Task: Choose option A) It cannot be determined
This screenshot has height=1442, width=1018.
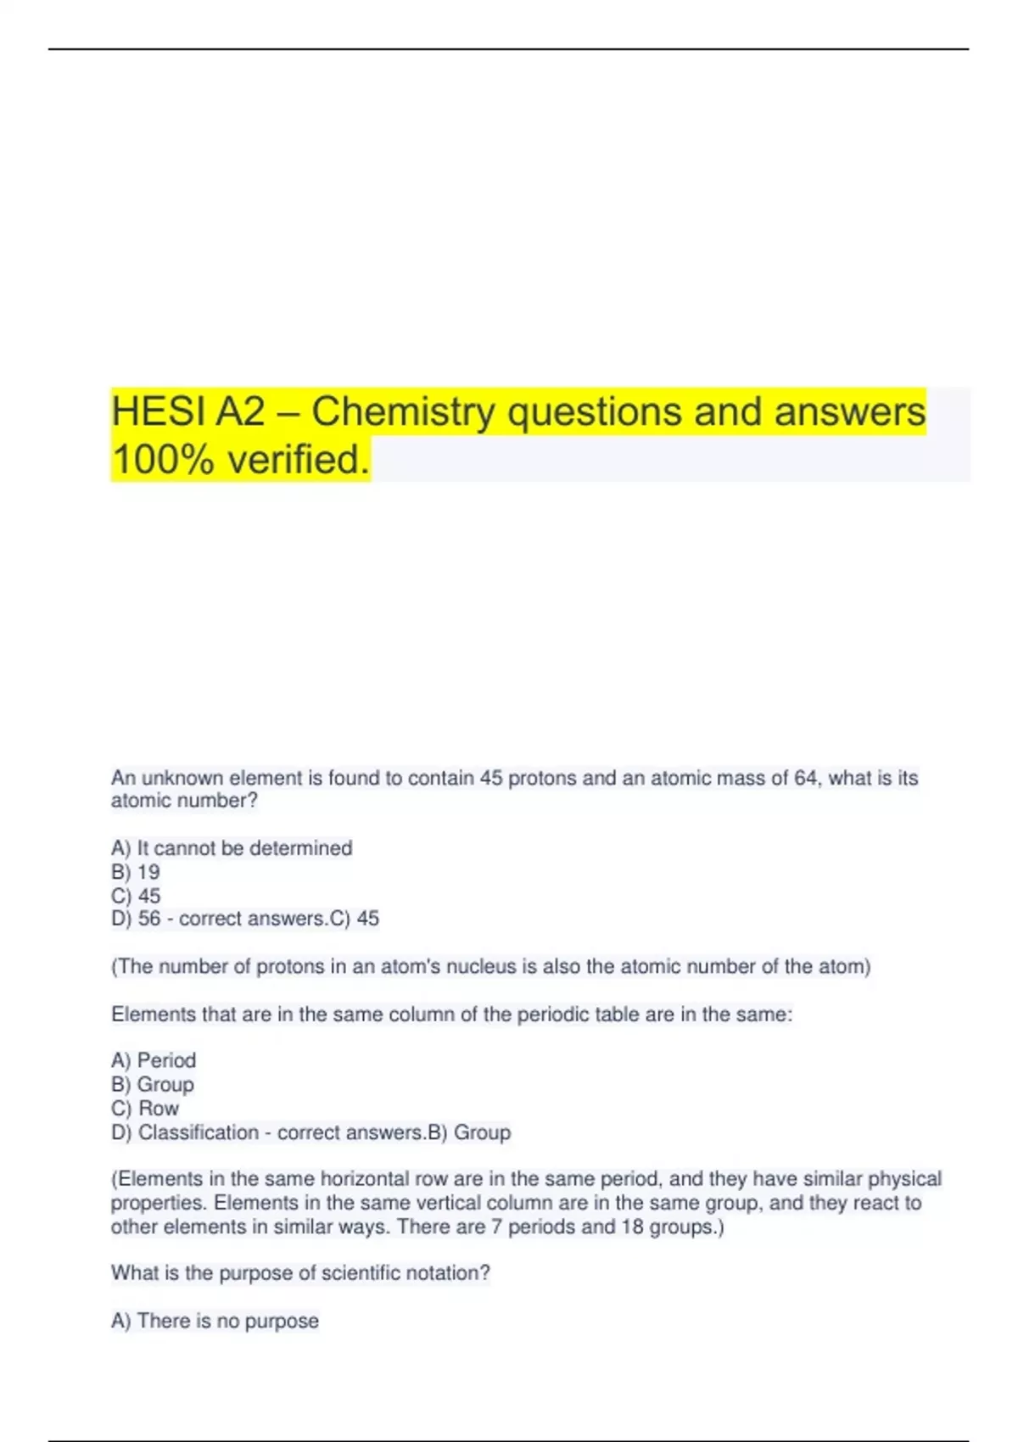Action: (232, 847)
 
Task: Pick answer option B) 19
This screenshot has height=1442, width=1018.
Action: (136, 871)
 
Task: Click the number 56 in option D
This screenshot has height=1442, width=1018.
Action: (149, 919)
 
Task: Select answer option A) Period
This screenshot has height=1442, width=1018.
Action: (154, 1060)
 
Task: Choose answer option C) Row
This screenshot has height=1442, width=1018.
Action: (145, 1108)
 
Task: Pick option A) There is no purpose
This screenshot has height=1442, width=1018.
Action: (215, 1321)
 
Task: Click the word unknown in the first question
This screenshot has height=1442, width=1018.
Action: (182, 778)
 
